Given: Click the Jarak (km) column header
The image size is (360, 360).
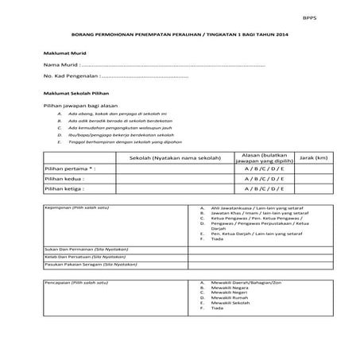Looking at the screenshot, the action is click(313, 158).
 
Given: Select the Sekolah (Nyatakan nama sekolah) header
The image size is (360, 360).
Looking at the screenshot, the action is click(165, 158).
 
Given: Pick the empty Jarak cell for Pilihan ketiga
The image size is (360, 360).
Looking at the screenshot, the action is click(313, 189).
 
